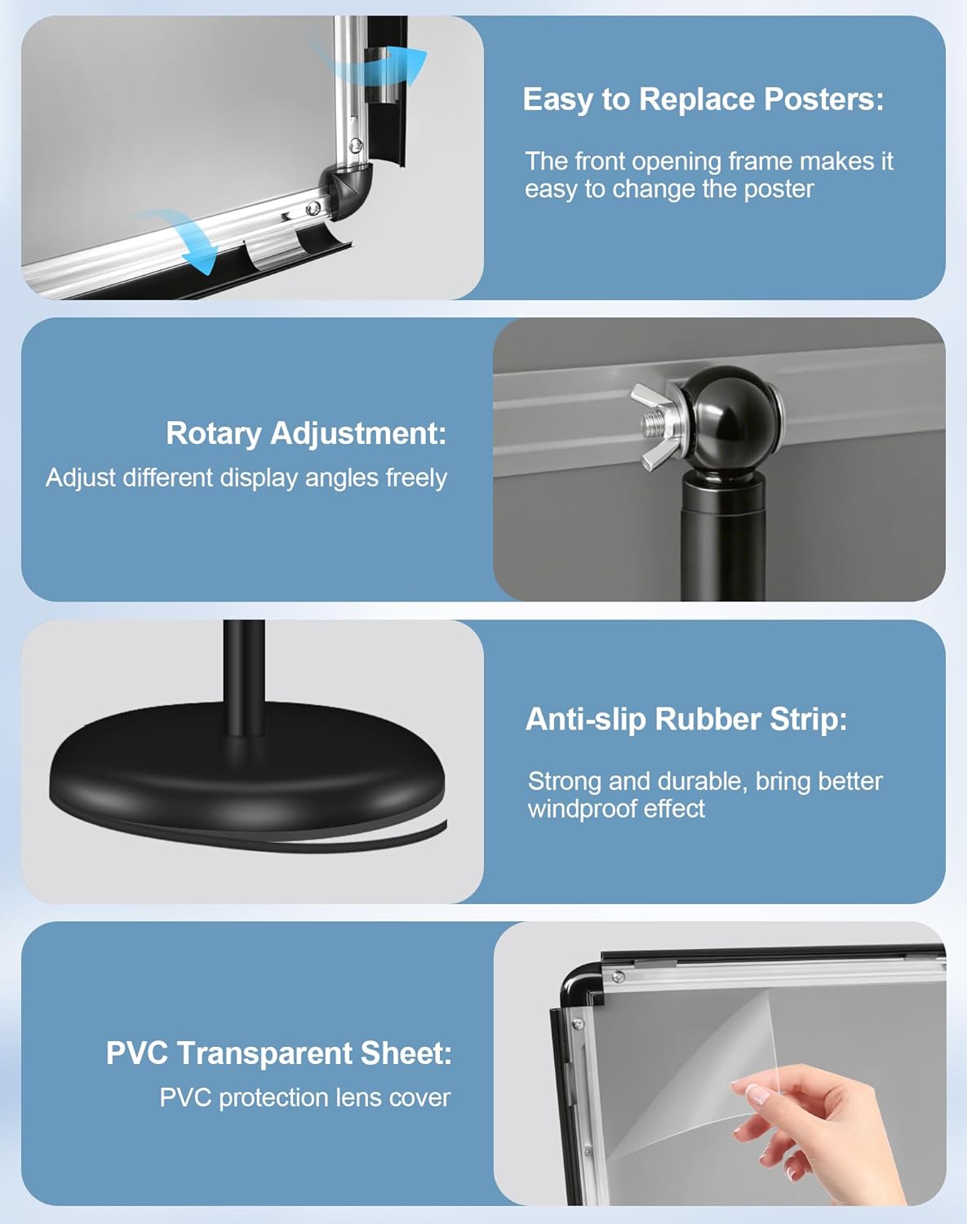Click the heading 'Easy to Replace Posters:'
(703, 100)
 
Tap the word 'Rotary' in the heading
(214, 433)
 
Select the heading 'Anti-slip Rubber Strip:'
(686, 719)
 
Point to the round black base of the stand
(246, 770)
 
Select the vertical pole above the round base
(244, 679)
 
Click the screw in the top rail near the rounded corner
(619, 977)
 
